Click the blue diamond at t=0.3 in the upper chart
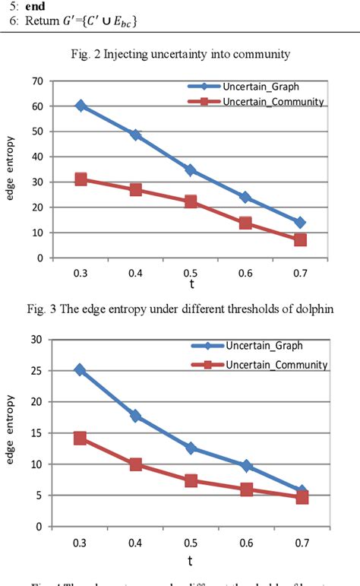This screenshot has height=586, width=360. pos(81,106)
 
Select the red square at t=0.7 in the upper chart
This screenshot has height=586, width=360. pos(300,239)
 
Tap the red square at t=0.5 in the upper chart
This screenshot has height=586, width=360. pos(191,201)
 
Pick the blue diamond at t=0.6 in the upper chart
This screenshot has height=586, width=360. pos(245,197)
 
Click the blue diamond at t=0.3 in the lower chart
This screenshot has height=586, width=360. pos(81,370)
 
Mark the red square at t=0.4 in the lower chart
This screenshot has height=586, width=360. pos(135,464)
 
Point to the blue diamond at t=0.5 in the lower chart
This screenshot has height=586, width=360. pos(191,448)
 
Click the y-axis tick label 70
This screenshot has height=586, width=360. pos(36,81)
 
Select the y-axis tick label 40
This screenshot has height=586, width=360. pos(36,157)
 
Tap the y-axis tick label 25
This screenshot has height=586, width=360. pos(36,370)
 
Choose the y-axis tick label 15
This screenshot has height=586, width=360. pos(36,432)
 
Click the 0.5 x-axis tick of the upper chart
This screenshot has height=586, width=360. pos(191,271)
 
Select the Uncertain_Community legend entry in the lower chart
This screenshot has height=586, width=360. pos(276,365)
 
